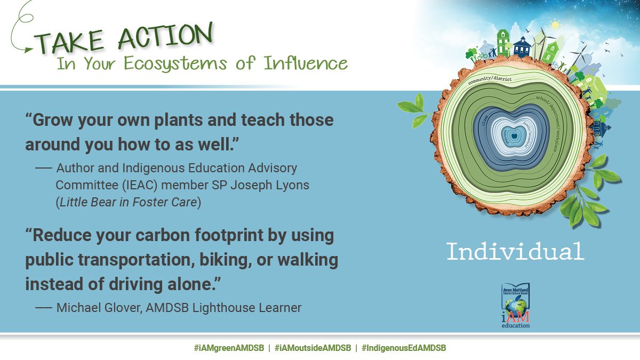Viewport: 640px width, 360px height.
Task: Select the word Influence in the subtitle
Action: click(x=306, y=63)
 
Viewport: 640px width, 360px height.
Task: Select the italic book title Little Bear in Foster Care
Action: click(x=128, y=203)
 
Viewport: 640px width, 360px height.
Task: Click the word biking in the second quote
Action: click(x=223, y=260)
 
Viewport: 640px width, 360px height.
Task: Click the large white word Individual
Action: click(x=515, y=251)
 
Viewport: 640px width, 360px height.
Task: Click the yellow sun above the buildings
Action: click(x=555, y=25)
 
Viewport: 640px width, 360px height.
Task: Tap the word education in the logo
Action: click(x=515, y=325)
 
